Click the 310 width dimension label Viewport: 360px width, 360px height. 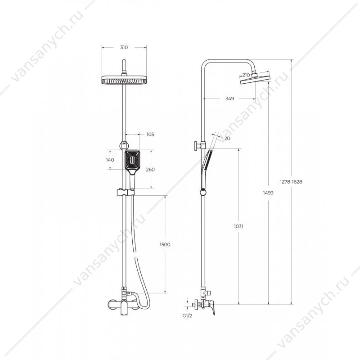coord(124,48)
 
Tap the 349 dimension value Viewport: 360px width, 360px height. coord(229,99)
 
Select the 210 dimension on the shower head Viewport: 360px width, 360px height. coord(246,75)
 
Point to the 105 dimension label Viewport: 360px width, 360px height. coord(150,135)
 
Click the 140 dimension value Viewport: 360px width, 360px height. coord(110,160)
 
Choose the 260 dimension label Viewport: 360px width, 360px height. coord(150,170)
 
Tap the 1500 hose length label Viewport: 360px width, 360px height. coord(165,244)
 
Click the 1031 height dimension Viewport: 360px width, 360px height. coord(238,226)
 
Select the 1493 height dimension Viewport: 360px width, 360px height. coord(268,193)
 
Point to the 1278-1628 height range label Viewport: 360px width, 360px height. coord(291,182)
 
